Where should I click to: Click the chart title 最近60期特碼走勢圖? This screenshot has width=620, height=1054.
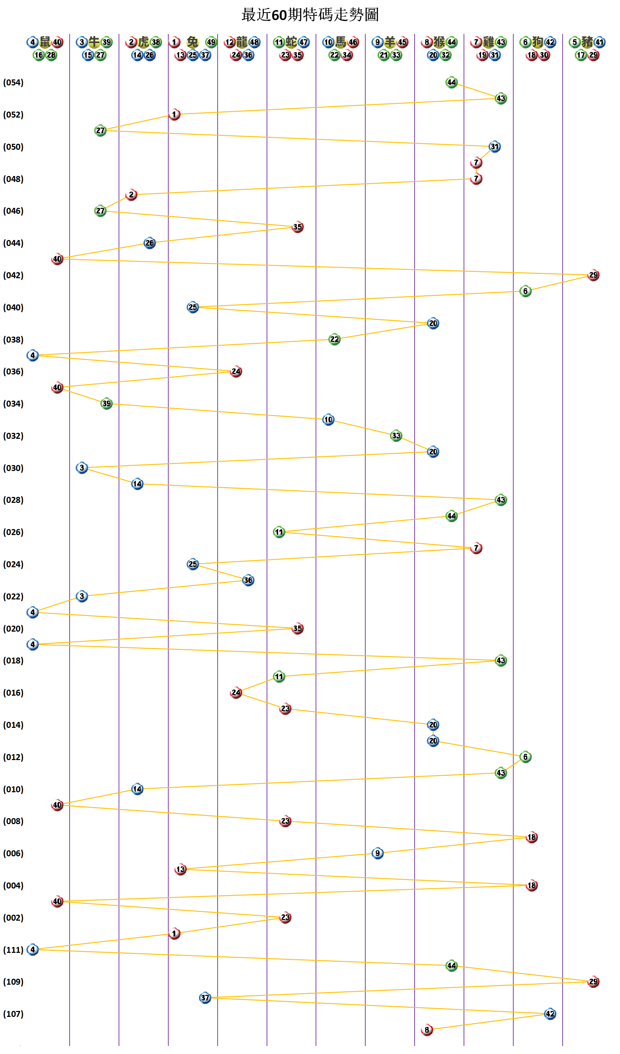coord(310,15)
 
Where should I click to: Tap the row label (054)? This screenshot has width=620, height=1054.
coord(13,82)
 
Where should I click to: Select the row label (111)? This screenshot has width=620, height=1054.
coord(13,950)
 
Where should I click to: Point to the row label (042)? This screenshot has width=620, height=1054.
coord(13,275)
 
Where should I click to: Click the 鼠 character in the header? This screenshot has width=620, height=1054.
coord(45,42)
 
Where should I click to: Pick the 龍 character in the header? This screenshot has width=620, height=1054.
coord(242,42)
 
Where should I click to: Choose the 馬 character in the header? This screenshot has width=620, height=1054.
coord(340,42)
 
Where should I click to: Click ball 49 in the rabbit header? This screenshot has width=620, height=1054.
coord(211,42)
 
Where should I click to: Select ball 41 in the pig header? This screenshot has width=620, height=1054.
coord(599,42)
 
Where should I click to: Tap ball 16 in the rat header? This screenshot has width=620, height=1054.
coord(38,55)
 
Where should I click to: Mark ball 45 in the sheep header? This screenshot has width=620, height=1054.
coord(402,42)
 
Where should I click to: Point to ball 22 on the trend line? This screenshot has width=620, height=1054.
coord(334,339)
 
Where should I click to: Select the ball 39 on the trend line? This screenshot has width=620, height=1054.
coord(107,403)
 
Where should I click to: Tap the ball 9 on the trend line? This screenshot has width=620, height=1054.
coord(378,853)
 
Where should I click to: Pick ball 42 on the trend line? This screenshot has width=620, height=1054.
coord(550,1014)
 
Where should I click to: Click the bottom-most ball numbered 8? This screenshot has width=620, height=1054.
coord(427,1030)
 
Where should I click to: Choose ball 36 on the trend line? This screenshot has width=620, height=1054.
coord(248,580)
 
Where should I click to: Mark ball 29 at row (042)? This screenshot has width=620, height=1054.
coord(593,275)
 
